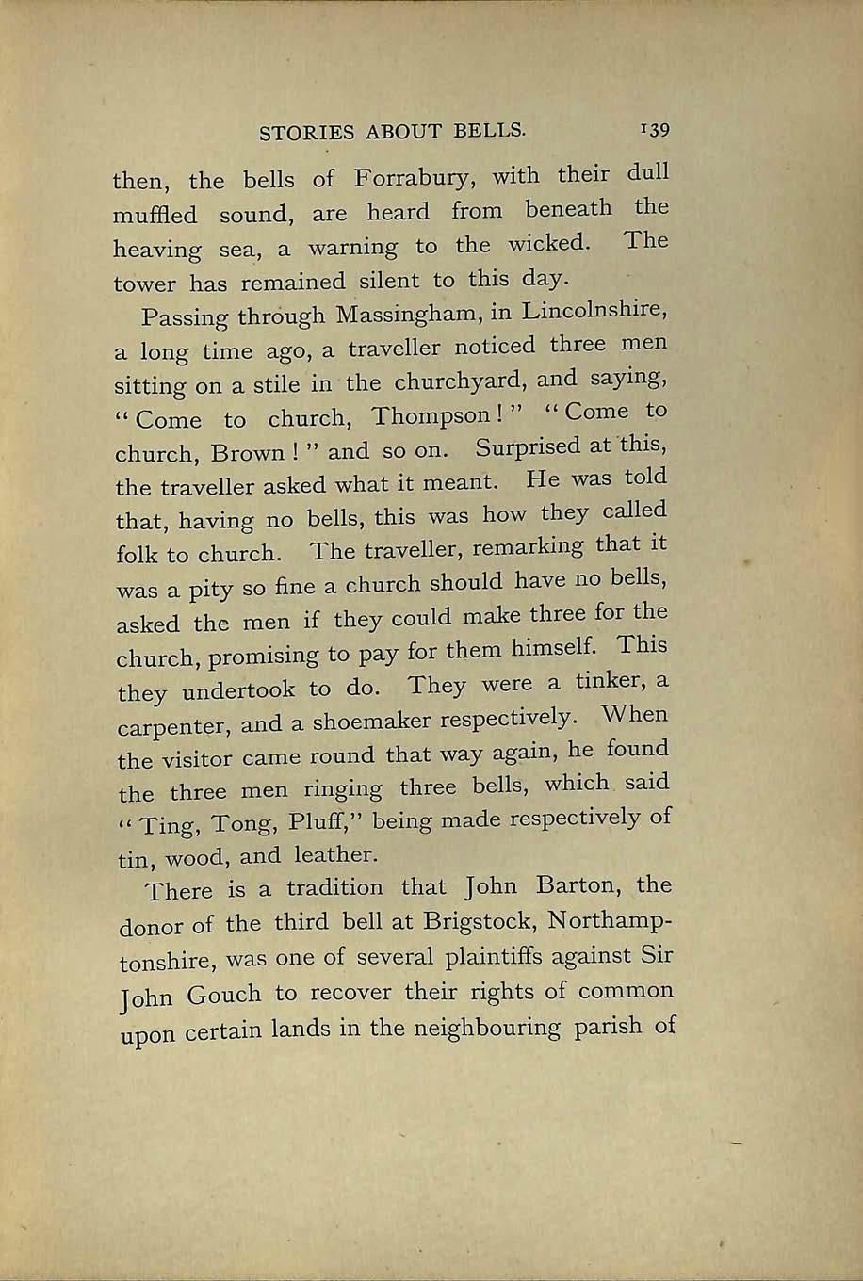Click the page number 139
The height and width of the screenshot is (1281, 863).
[652, 128]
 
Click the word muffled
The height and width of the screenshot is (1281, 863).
[155, 215]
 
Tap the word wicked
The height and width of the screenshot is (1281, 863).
[549, 244]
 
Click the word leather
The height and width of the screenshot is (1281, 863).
[335, 855]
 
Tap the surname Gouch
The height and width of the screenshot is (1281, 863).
[220, 995]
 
